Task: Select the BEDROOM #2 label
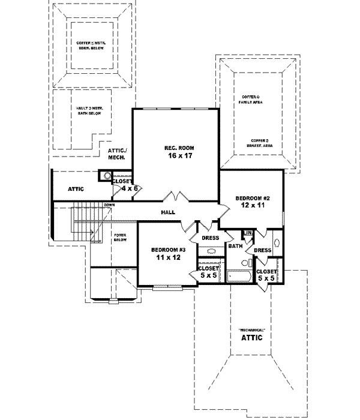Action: tap(250, 197)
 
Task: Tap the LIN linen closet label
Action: tap(247, 233)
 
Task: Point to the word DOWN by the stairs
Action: tap(109, 205)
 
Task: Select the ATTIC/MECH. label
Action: tap(116, 154)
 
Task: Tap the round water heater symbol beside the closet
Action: tap(107, 176)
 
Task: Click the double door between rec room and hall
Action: tap(172, 199)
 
